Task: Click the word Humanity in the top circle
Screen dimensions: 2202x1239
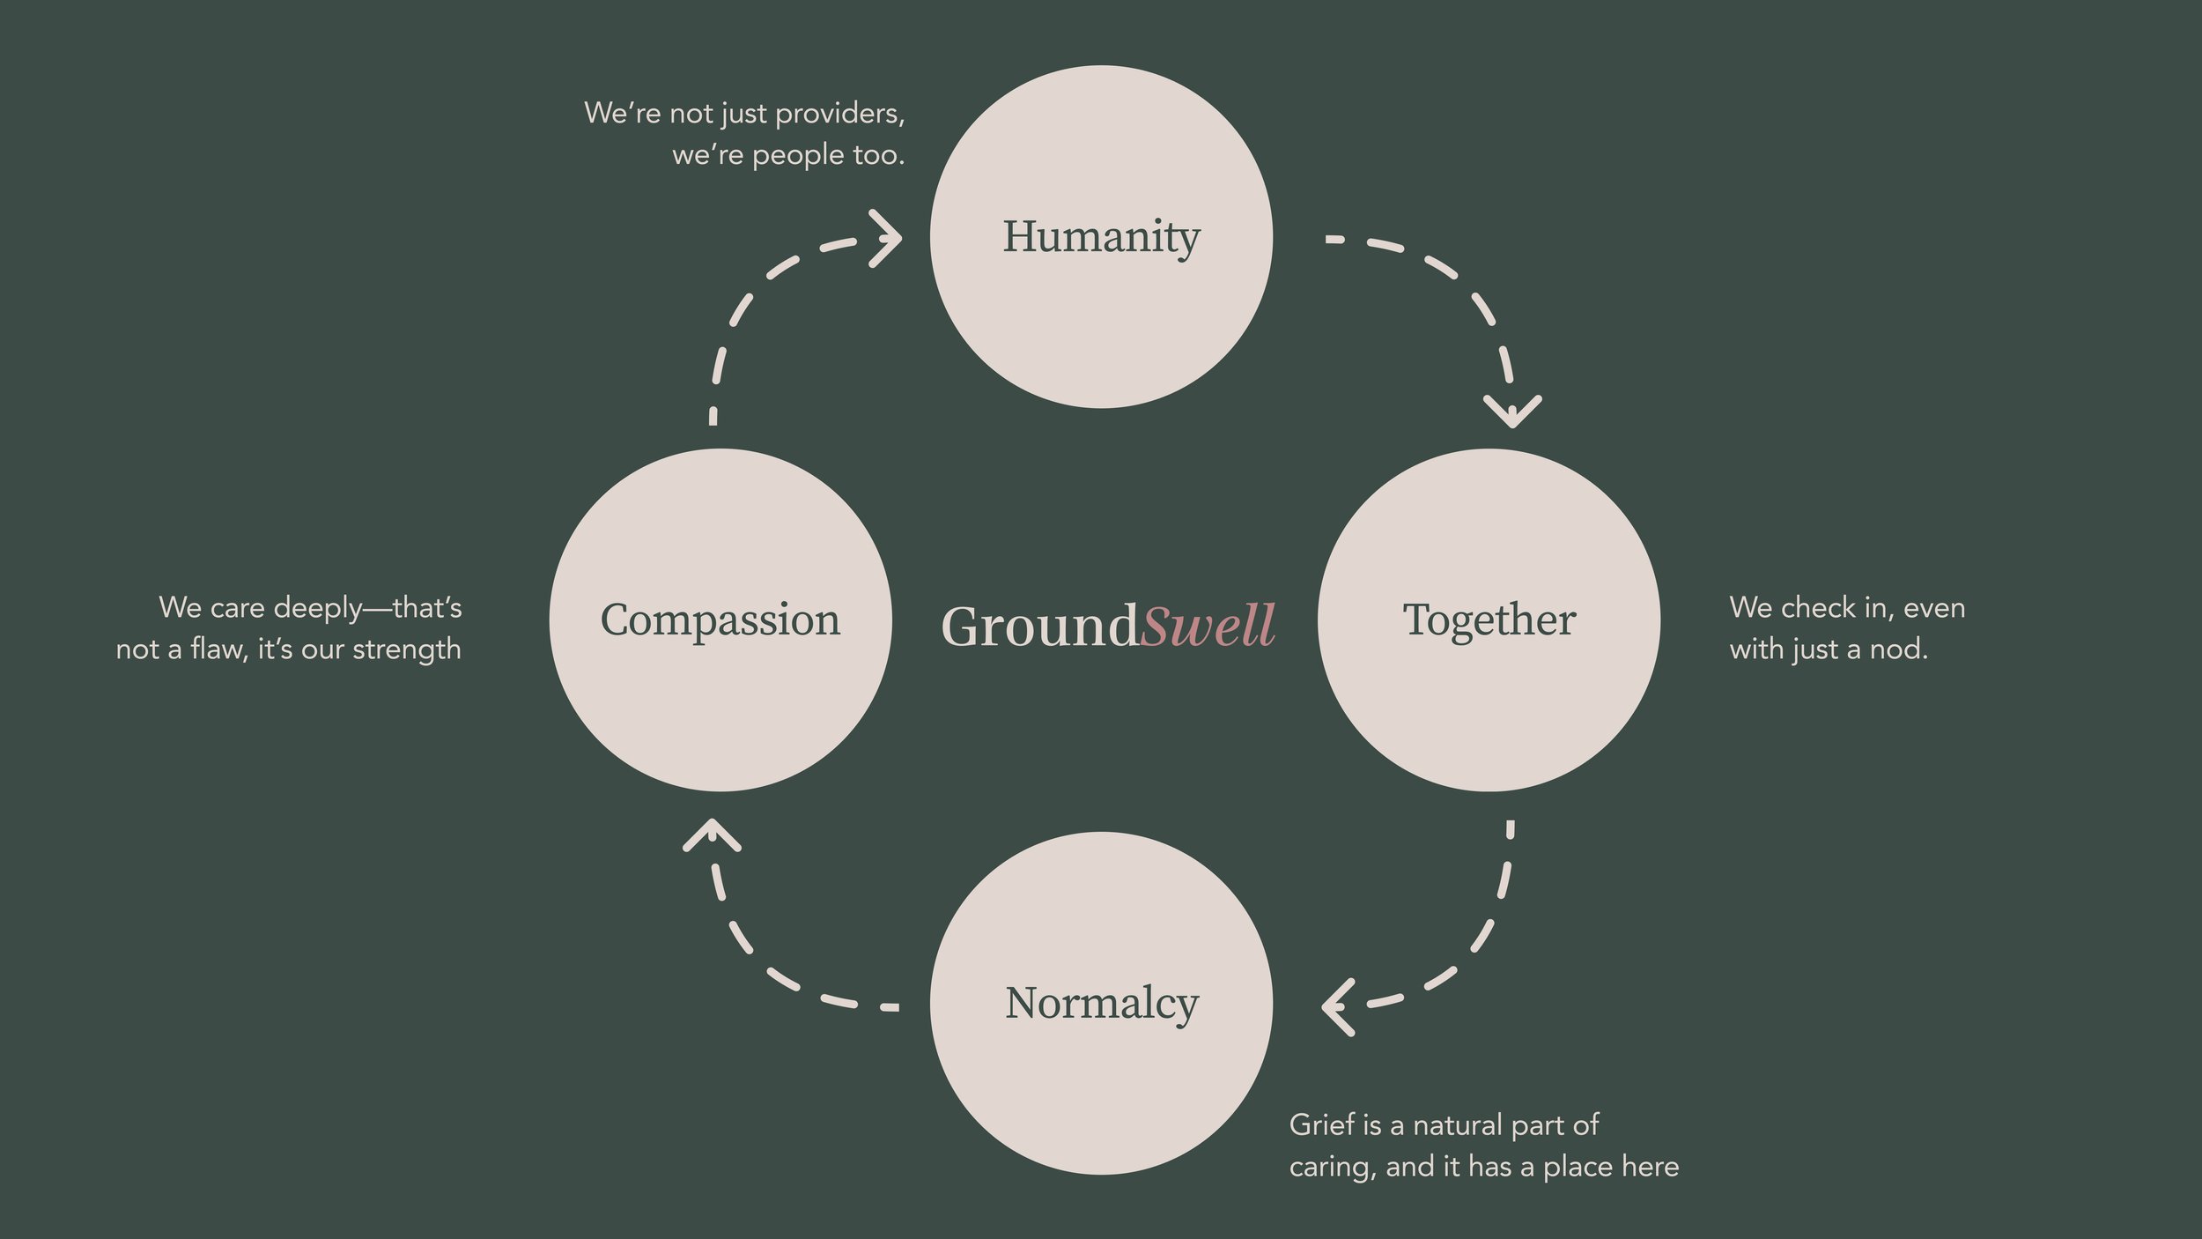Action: [x=1101, y=237]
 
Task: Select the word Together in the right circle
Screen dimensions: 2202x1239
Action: [x=1489, y=619]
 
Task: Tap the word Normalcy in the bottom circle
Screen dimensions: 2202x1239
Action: [x=1101, y=1004]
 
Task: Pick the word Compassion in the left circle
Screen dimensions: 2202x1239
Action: [x=720, y=619]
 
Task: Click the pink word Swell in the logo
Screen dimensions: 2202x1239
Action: [x=1207, y=626]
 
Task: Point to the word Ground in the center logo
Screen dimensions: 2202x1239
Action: [x=1039, y=627]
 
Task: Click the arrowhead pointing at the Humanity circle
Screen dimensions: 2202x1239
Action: [x=888, y=238]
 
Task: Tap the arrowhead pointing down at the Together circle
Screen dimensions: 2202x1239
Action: [x=1512, y=411]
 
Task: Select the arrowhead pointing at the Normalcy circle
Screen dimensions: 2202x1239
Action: [x=1337, y=1005]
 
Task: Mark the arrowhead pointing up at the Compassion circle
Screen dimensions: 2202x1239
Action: [x=712, y=835]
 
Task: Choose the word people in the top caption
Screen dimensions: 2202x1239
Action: [x=798, y=156]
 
